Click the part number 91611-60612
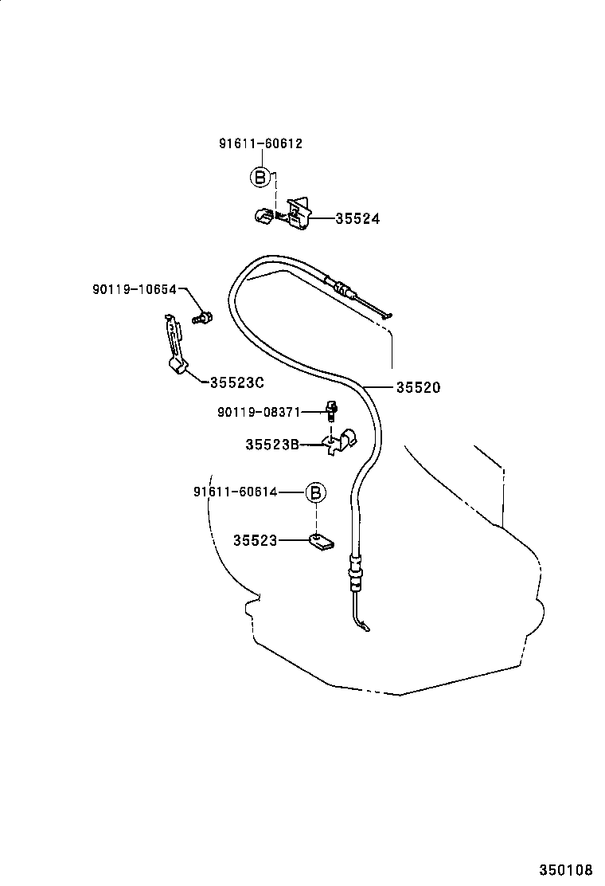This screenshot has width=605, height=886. (260, 144)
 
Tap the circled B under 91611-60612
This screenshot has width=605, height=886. (260, 177)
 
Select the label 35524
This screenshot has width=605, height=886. (357, 218)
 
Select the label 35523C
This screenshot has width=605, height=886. (236, 382)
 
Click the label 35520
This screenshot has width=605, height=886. (418, 388)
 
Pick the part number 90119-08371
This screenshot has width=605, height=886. (259, 412)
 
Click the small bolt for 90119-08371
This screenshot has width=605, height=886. (331, 410)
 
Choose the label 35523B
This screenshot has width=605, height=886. (272, 445)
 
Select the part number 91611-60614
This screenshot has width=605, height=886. (235, 492)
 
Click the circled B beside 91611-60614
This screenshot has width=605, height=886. (316, 492)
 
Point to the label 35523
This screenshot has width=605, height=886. (255, 540)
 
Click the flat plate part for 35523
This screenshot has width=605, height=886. (321, 543)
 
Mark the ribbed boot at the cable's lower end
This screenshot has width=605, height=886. (354, 574)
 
